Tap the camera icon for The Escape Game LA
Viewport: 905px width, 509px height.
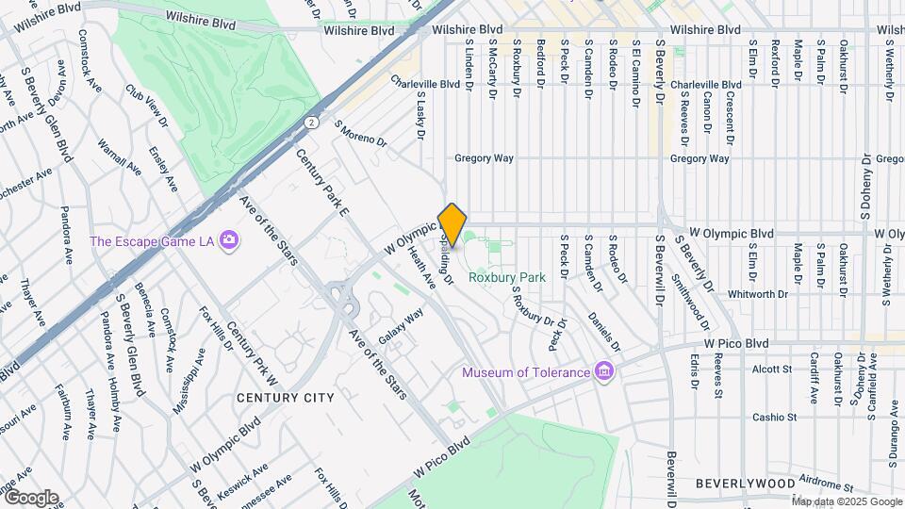(228, 241)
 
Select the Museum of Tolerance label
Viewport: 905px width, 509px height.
(525, 372)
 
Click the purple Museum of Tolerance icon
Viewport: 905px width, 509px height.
(604, 372)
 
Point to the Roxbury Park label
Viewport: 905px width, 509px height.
(508, 278)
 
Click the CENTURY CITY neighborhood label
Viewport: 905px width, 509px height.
(285, 398)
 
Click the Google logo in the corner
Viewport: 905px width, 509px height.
(30, 497)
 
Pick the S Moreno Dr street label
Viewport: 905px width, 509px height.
(360, 133)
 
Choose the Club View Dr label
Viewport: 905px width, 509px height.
(147, 108)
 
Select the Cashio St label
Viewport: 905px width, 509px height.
(774, 416)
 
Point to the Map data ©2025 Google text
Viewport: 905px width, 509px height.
(847, 501)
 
